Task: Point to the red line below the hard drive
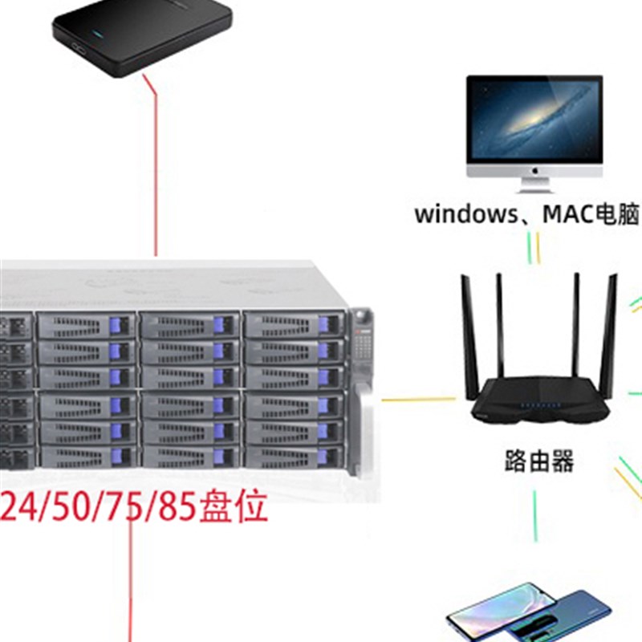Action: click(154, 160)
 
